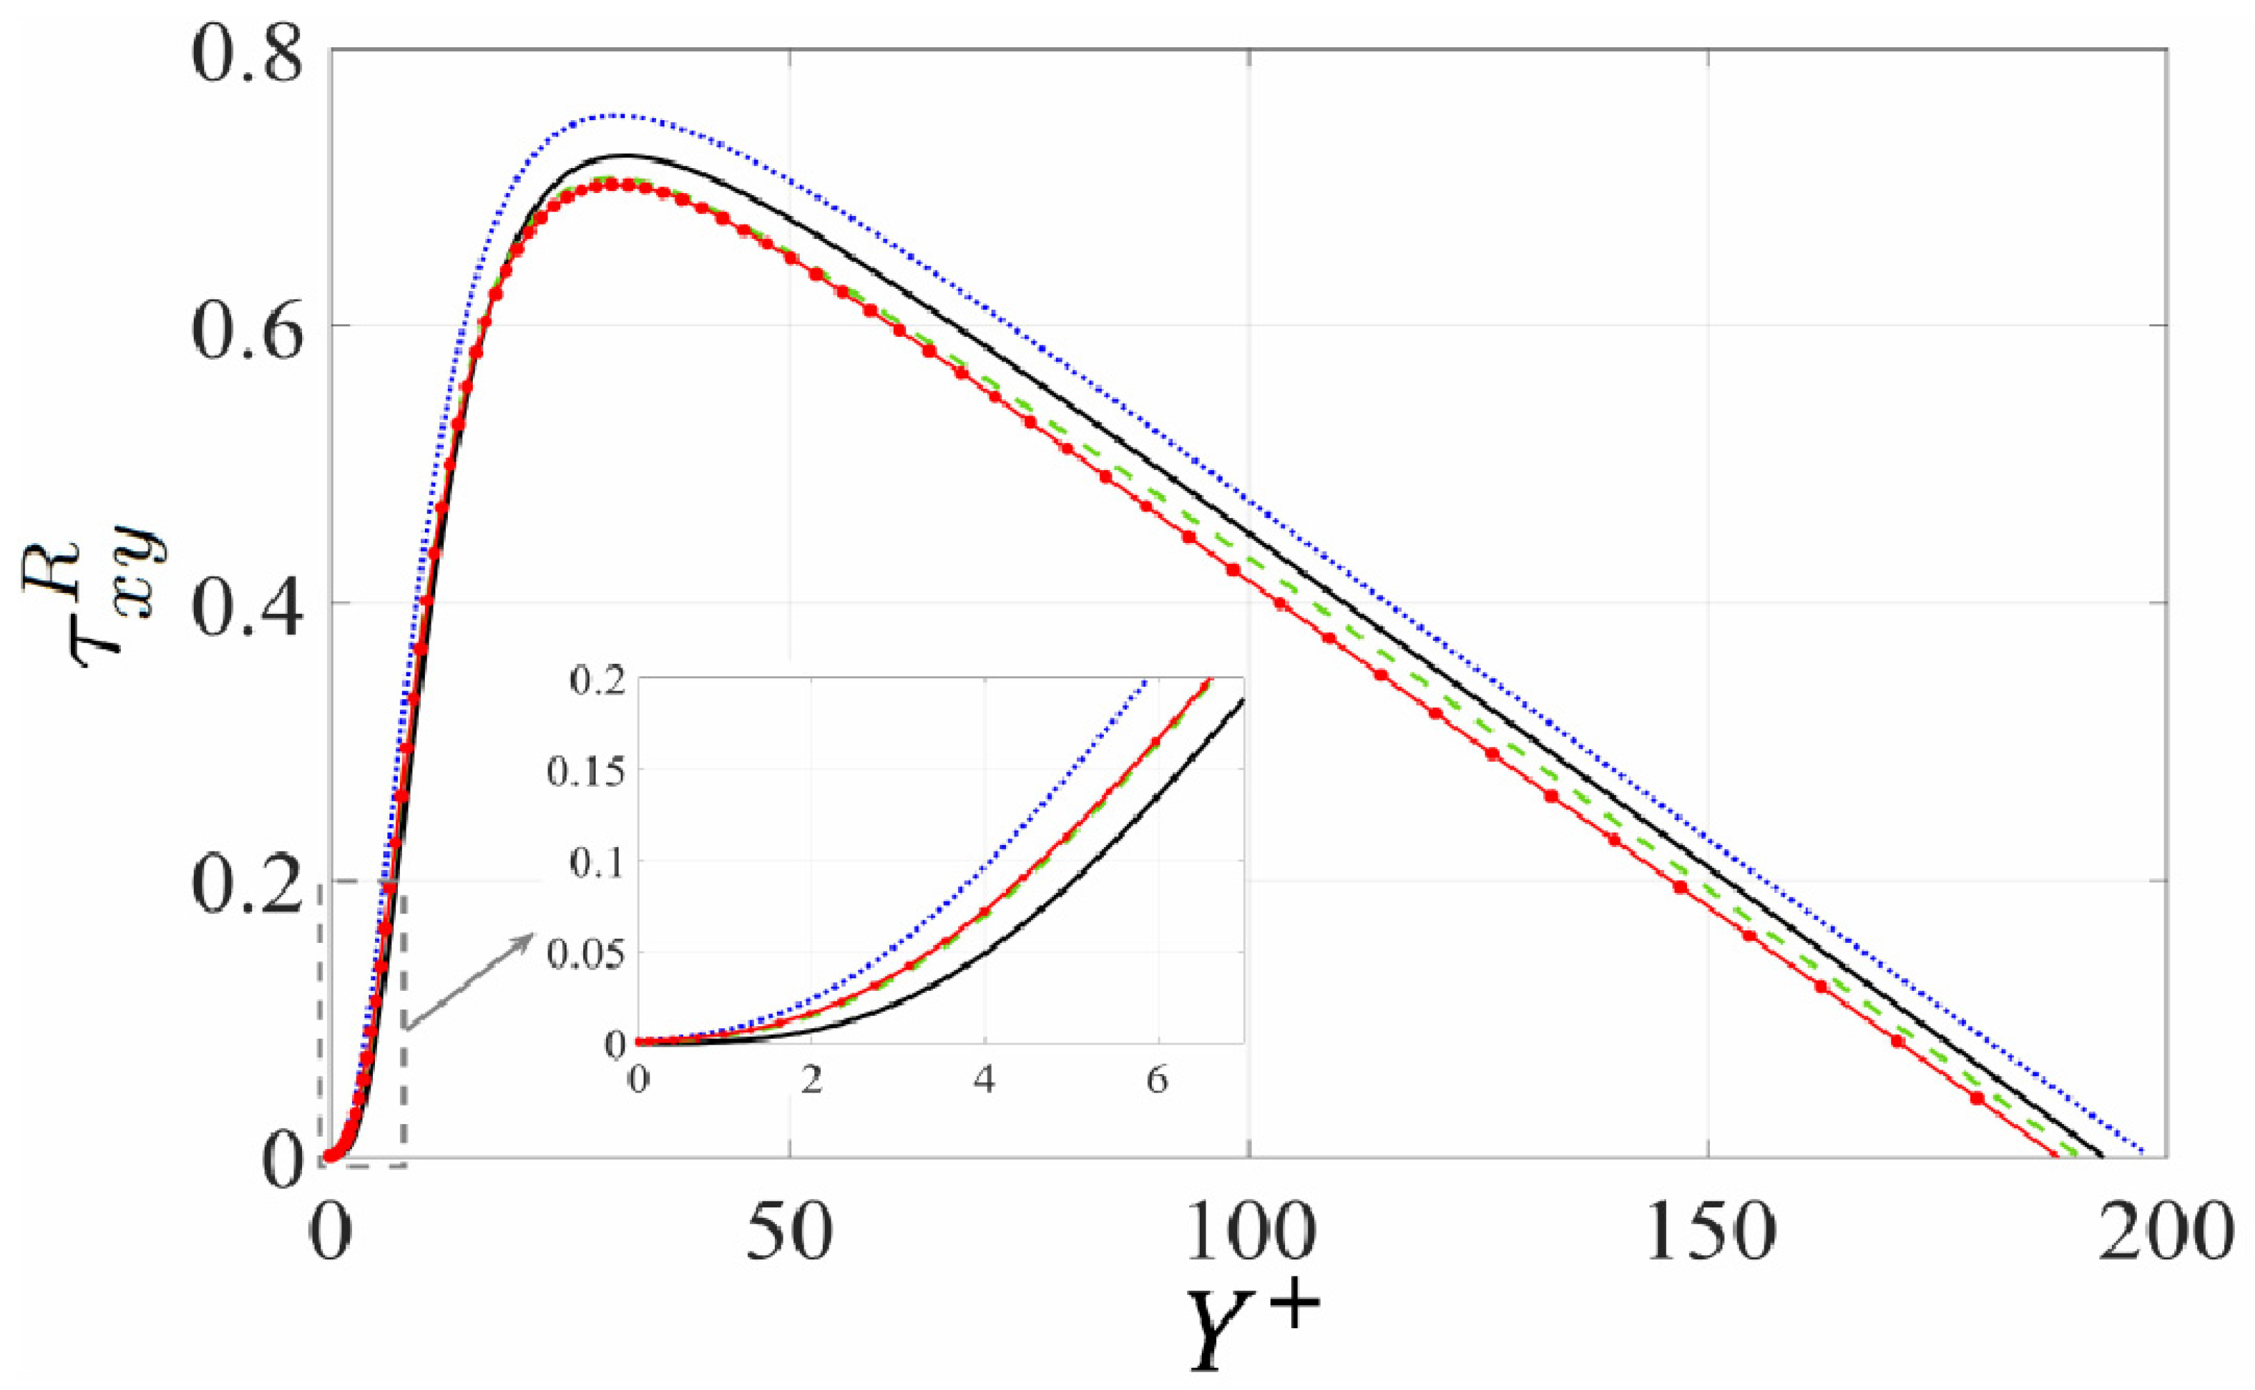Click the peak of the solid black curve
pyautogui.click(x=625, y=156)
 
